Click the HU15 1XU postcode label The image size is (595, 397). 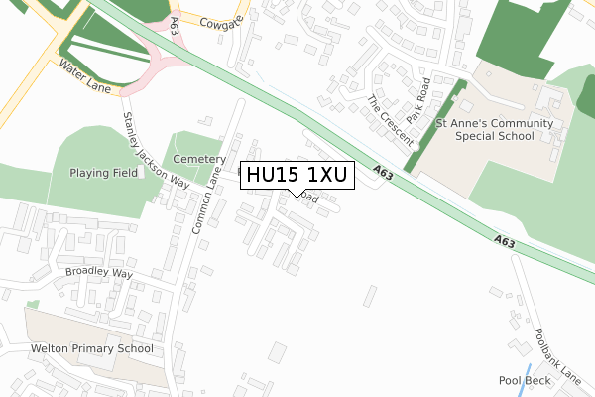point(296,176)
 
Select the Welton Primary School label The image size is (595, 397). point(92,348)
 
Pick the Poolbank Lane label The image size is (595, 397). point(557,355)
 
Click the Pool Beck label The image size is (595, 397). point(523,380)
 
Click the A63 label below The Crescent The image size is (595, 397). point(386,175)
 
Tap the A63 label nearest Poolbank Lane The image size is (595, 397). point(504,240)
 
